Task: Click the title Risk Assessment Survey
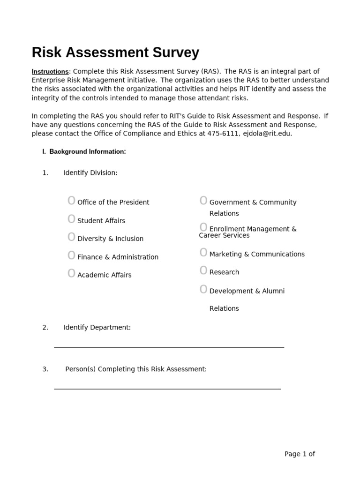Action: click(x=115, y=52)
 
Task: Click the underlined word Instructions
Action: click(x=50, y=72)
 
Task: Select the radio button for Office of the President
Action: click(x=71, y=201)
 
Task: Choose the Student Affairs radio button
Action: click(x=71, y=219)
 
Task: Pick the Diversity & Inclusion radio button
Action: click(x=71, y=237)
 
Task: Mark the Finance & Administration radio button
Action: click(x=71, y=255)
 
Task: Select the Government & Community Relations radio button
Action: click(x=203, y=201)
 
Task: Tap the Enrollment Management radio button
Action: click(x=203, y=228)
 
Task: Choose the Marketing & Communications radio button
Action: click(x=203, y=253)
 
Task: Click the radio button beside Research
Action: click(x=203, y=271)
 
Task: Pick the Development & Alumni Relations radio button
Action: click(x=203, y=290)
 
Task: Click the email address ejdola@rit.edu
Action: click(x=267, y=134)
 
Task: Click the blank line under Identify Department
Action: click(x=169, y=346)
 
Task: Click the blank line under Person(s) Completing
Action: click(x=167, y=388)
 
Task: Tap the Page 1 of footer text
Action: click(x=300, y=454)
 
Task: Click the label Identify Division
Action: click(x=90, y=173)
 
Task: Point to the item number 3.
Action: click(x=45, y=369)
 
